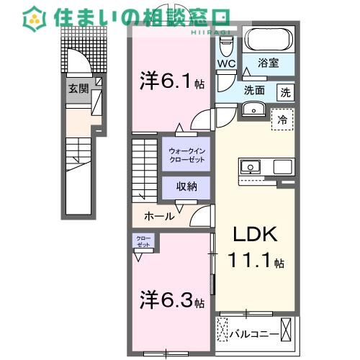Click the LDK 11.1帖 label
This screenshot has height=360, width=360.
[x=256, y=249]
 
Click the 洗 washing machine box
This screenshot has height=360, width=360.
[x=286, y=92]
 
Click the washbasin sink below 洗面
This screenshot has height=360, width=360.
[x=253, y=109]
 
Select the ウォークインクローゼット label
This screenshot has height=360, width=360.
[x=185, y=154]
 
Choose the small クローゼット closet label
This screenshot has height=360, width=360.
[x=141, y=241]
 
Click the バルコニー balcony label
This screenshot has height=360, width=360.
[x=253, y=333]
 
